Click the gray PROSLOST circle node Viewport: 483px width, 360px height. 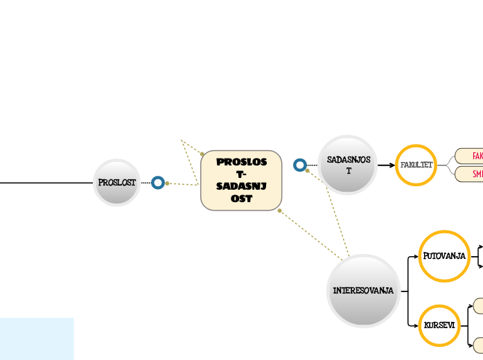(116, 183)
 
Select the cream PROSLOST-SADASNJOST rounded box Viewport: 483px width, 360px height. (241, 180)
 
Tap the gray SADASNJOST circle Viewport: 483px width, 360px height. (348, 165)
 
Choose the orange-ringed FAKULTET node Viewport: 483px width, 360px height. (416, 165)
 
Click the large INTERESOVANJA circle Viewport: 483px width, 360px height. (363, 290)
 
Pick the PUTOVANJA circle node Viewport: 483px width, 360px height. (444, 256)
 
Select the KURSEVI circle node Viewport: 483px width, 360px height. (439, 325)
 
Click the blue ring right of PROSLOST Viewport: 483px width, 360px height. (158, 183)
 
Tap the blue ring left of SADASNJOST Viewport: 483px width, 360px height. (299, 165)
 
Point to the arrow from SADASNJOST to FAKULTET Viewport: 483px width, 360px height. (386, 165)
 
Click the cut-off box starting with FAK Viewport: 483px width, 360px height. (471, 156)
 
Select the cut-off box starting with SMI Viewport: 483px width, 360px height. (471, 174)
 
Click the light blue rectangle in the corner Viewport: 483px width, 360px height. (36, 339)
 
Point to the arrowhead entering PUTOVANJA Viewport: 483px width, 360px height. (416, 256)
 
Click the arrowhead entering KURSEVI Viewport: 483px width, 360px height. (416, 325)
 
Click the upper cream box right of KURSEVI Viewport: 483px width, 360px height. (477, 305)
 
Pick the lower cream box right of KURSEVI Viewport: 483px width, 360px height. (477, 343)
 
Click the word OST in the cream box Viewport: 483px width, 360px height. (241, 199)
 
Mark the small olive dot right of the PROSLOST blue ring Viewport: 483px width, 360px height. (167, 183)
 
